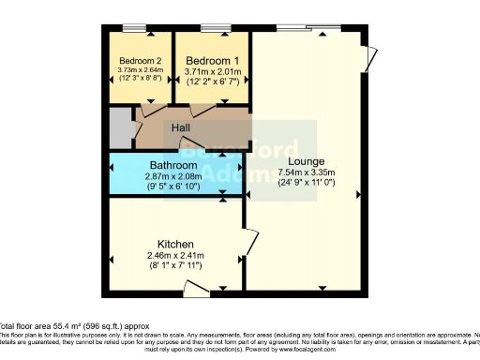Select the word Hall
pyautogui.click(x=182, y=127)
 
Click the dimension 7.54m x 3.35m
pyautogui.click(x=307, y=172)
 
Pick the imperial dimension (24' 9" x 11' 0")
pyautogui.click(x=307, y=184)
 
